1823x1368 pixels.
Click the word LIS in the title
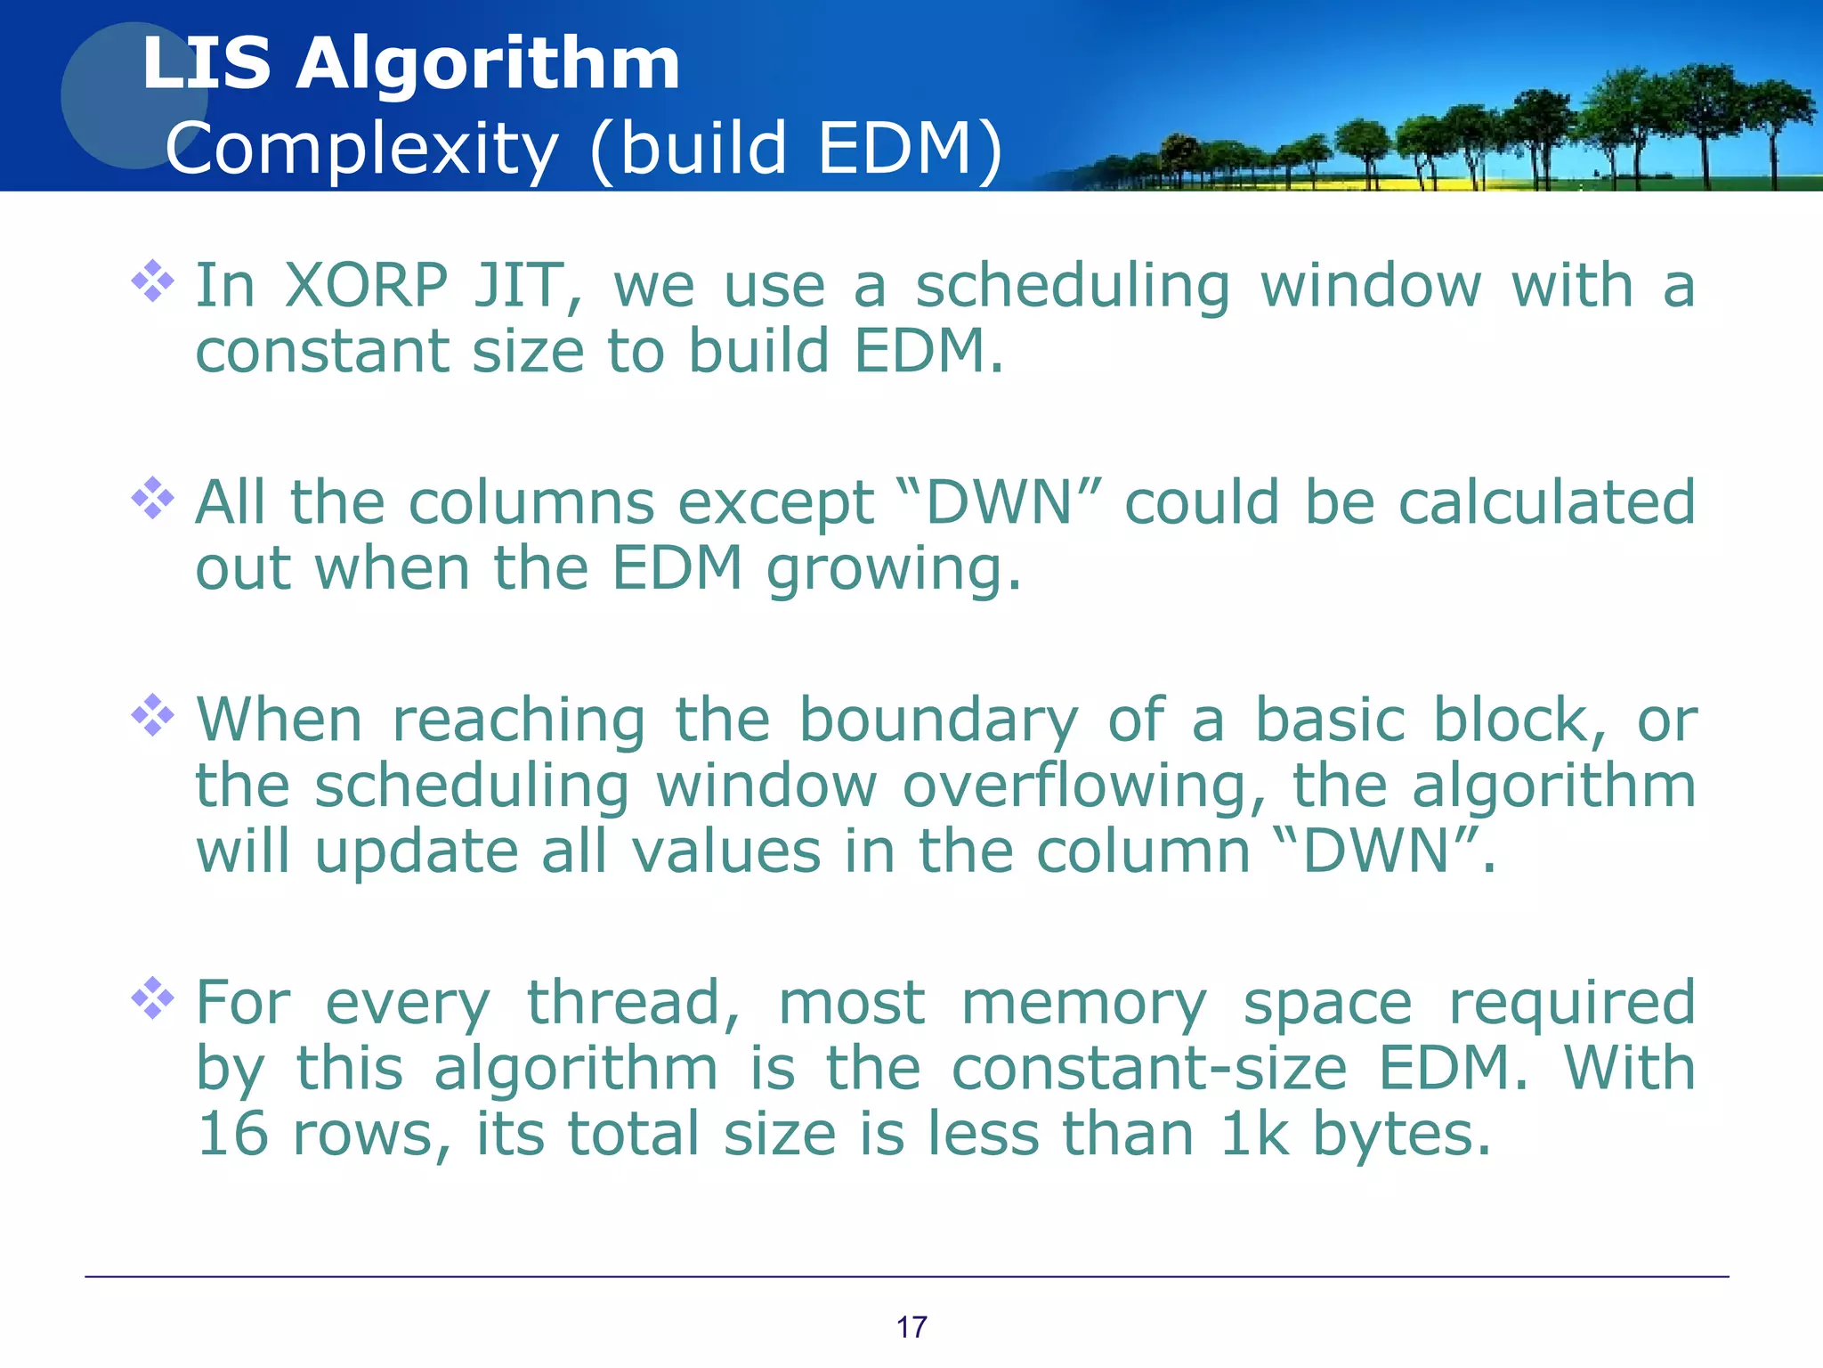click(x=207, y=64)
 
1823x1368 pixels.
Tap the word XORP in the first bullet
click(x=366, y=286)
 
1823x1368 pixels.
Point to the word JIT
click(x=527, y=286)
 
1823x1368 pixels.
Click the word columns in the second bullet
click(x=531, y=503)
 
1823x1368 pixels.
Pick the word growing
click(x=893, y=570)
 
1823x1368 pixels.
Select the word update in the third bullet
click(x=417, y=851)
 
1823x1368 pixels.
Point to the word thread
click(x=633, y=1003)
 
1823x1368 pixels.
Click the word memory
click(x=1083, y=1003)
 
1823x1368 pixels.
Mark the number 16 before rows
click(x=232, y=1134)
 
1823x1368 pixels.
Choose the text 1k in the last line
click(x=1254, y=1134)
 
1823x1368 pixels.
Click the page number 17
click(x=911, y=1327)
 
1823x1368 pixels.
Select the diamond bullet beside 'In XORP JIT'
click(x=153, y=281)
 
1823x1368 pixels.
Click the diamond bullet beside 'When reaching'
click(x=153, y=714)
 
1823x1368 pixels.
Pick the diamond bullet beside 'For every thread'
click(x=153, y=997)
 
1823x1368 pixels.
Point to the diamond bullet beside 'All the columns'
click(x=153, y=498)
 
